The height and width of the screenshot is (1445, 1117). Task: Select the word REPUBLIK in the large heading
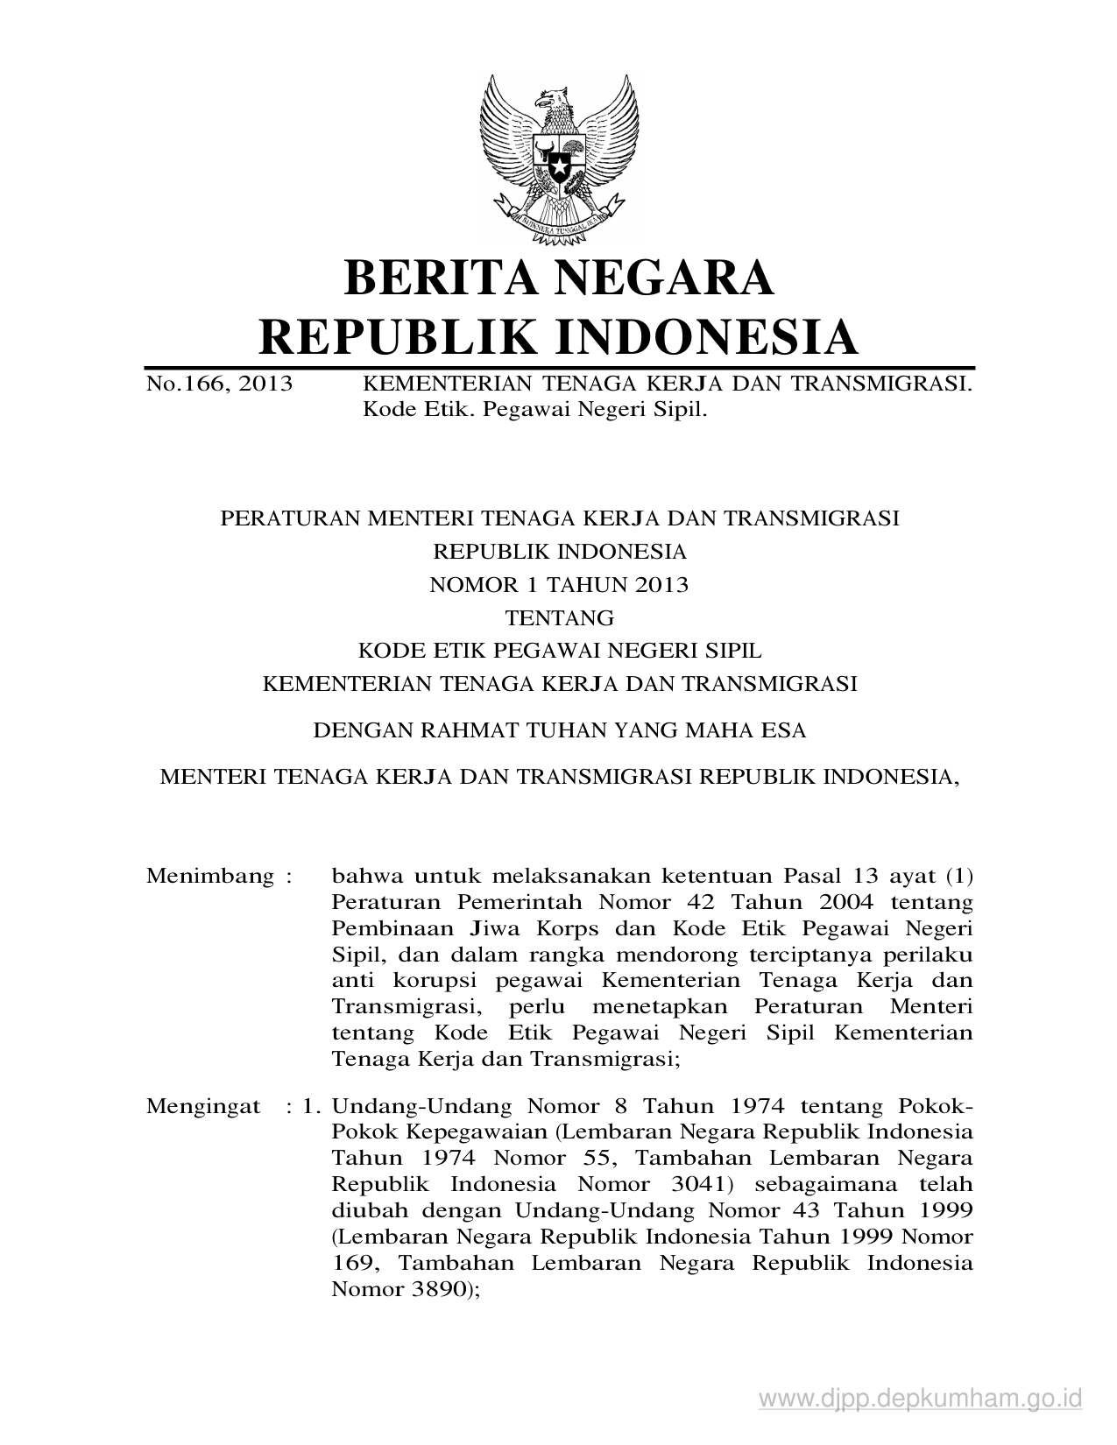point(388,337)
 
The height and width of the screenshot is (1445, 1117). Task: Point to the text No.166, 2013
point(219,384)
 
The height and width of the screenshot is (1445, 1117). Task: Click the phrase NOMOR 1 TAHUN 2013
point(559,585)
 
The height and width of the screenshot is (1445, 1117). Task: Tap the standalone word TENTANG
point(559,618)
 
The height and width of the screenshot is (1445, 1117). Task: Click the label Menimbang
point(210,876)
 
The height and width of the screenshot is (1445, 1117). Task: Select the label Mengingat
point(203,1105)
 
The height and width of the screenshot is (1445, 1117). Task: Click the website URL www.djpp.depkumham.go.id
point(921,1399)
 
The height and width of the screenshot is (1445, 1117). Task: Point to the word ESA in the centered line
point(785,730)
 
